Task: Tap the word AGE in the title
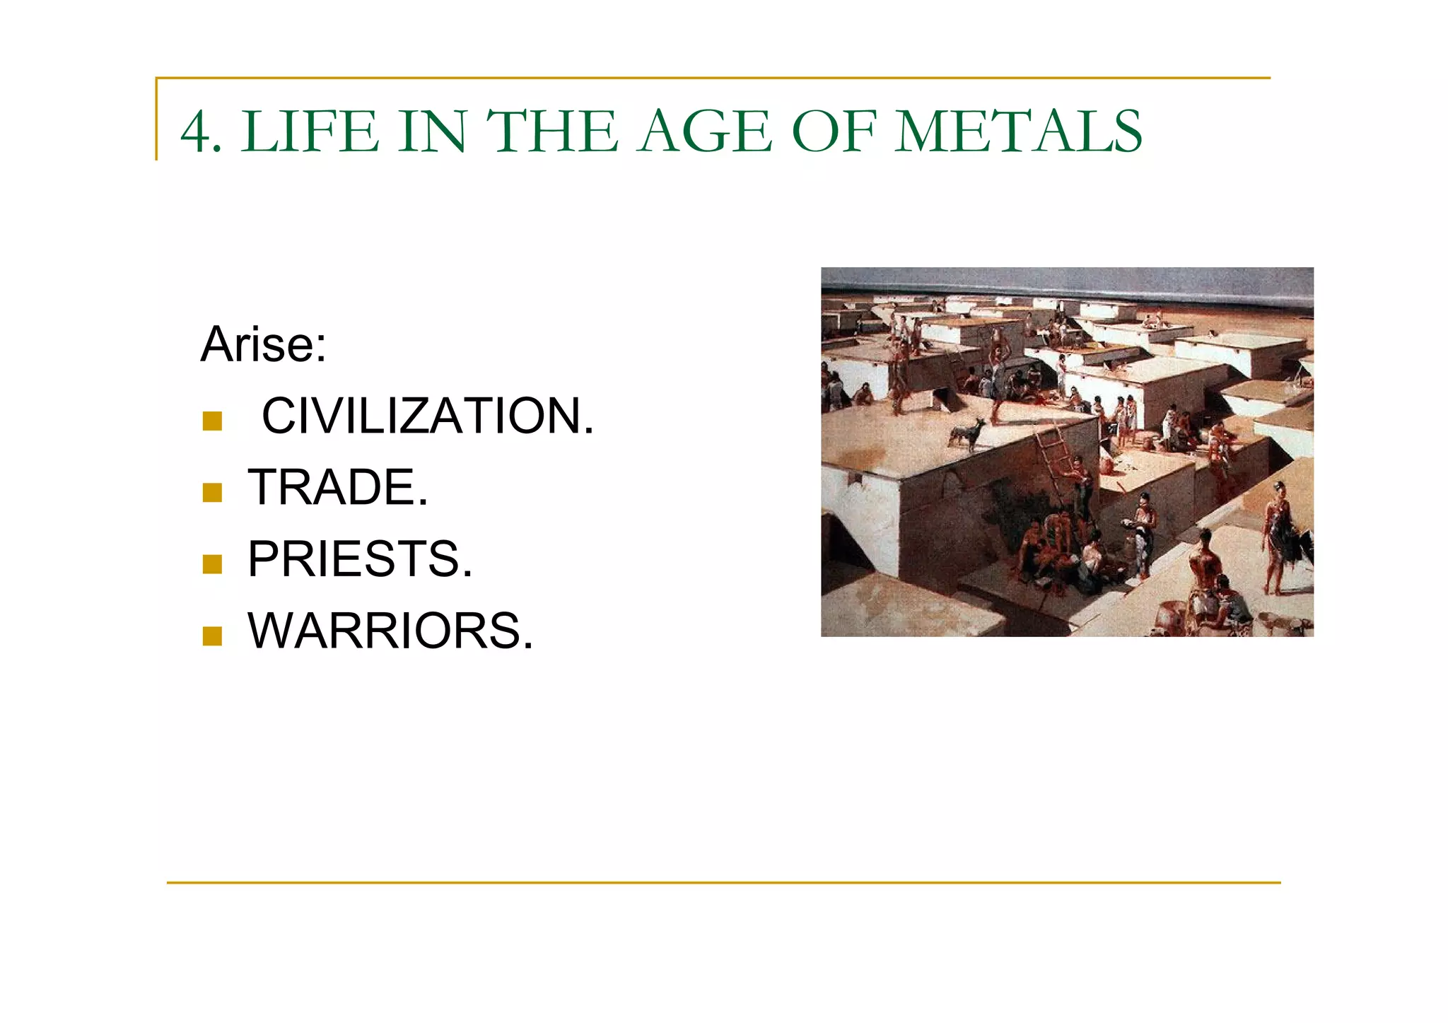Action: (704, 132)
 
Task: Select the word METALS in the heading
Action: (1018, 132)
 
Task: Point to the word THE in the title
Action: (551, 132)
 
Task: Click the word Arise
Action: (263, 344)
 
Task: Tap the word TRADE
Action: (337, 488)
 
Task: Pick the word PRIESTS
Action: (360, 559)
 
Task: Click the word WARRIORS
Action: (390, 631)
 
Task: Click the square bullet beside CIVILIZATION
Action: (212, 421)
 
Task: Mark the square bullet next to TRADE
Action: (212, 493)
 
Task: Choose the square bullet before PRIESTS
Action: (212, 564)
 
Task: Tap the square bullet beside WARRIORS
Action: (212, 636)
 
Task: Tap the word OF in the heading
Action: (834, 132)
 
